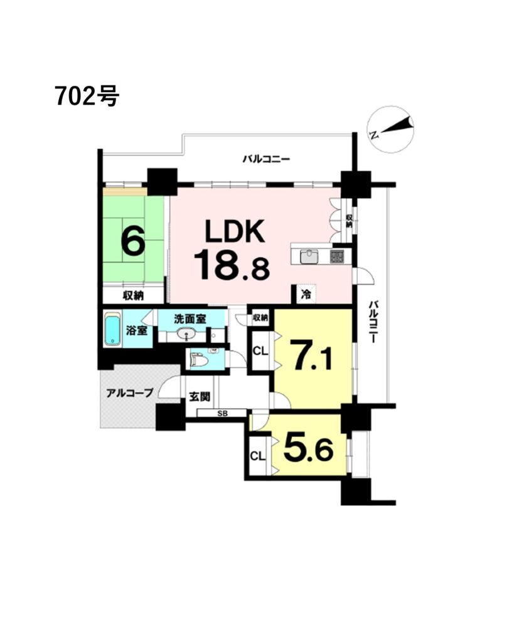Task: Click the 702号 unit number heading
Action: (x=87, y=97)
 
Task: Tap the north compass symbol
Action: (x=391, y=129)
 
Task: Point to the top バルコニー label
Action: (x=266, y=159)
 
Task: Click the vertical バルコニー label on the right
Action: (x=373, y=322)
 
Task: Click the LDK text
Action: (x=235, y=232)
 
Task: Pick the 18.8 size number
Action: (x=232, y=265)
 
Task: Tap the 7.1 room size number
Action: (x=311, y=355)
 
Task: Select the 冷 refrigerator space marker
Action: (x=306, y=293)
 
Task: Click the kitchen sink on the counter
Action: (x=308, y=256)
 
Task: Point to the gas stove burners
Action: (x=338, y=256)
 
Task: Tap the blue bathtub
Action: (x=112, y=329)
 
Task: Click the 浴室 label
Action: (x=136, y=330)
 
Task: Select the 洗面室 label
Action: (x=190, y=318)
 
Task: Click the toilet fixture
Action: (x=201, y=360)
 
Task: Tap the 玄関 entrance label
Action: (x=200, y=396)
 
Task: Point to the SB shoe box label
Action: (x=223, y=414)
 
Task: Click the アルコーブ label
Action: (x=129, y=393)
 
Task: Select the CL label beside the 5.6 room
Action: (x=258, y=456)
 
